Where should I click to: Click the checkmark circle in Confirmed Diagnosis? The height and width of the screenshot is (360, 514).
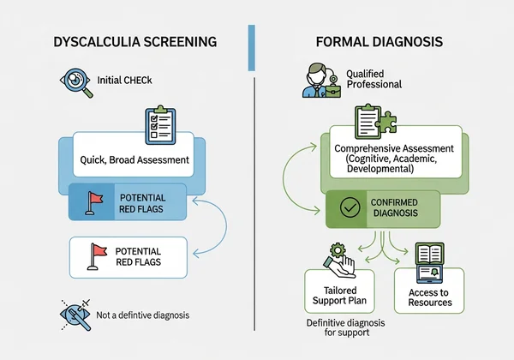[350, 208]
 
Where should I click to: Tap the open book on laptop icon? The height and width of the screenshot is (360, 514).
[427, 259]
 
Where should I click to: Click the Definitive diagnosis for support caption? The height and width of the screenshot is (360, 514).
[340, 328]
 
